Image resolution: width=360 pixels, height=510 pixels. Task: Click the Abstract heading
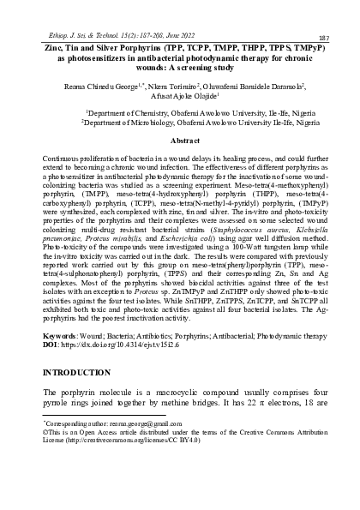(x=184, y=139)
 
